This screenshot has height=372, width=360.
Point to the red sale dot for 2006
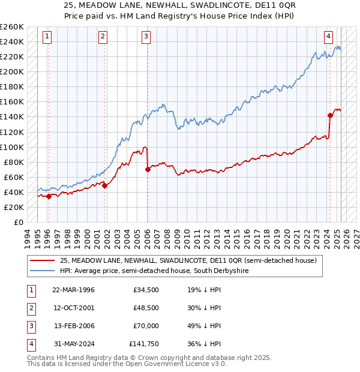148,169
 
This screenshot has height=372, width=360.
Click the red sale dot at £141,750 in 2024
330,115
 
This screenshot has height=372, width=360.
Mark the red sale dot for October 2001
104,185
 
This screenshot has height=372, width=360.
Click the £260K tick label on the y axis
11,27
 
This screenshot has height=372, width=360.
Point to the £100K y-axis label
11,147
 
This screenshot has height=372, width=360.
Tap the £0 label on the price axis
18,222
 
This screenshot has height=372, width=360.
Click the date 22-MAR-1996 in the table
73,290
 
